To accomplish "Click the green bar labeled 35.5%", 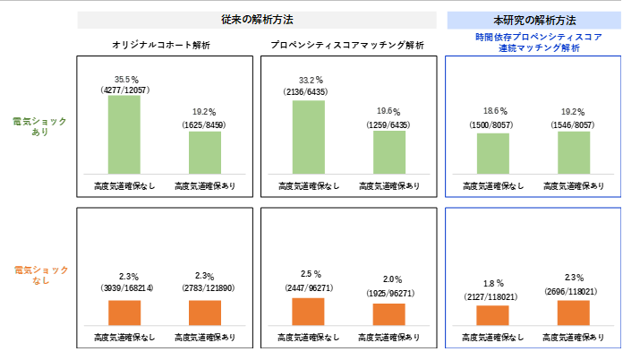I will click(124, 134).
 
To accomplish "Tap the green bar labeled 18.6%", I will click(492, 153).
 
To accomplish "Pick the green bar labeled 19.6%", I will click(389, 151).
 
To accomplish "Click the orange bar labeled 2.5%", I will click(308, 311).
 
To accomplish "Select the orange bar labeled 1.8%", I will click(492, 314).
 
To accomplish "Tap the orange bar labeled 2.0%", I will click(389, 313).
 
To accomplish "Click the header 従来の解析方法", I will click(257, 19).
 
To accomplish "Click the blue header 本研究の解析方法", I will click(534, 19).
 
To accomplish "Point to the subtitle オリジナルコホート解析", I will click(161, 45).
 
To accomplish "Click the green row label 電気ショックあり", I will click(40, 125).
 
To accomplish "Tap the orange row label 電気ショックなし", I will click(40, 275).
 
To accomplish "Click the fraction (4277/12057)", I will click(124, 90).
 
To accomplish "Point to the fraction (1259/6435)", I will click(389, 124).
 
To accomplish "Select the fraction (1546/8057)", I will click(574, 125).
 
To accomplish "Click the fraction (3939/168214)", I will click(124, 287).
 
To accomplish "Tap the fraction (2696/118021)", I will click(574, 292).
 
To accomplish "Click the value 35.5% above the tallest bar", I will click(124, 79).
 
